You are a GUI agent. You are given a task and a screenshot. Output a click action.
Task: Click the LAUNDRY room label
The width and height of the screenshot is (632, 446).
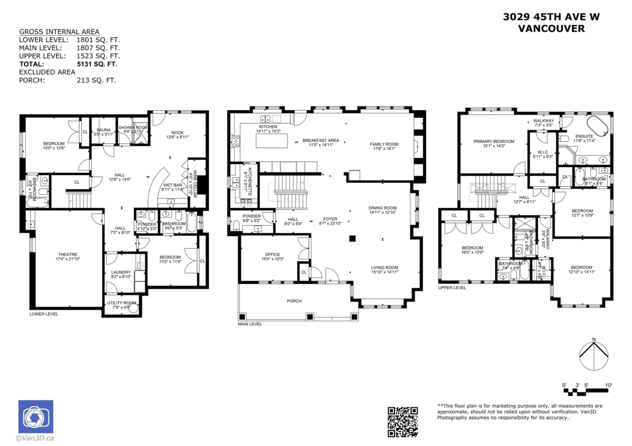(x=121, y=272)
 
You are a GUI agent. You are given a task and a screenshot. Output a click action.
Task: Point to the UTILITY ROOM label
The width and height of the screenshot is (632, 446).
(x=122, y=303)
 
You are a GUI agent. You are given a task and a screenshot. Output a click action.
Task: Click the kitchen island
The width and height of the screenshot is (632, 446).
(x=272, y=141)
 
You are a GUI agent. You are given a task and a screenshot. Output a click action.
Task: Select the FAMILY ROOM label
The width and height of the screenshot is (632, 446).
(x=384, y=144)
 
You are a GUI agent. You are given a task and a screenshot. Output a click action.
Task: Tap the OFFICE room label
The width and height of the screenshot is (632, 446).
(x=272, y=255)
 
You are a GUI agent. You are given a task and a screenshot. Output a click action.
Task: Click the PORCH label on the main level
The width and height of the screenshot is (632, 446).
(x=294, y=301)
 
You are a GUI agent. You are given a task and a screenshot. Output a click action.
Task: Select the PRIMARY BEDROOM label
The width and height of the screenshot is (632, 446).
(x=493, y=141)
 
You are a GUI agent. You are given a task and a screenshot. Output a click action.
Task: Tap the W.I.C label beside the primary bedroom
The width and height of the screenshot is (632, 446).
(x=542, y=153)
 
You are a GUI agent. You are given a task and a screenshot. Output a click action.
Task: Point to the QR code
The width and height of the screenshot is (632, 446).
(x=403, y=422)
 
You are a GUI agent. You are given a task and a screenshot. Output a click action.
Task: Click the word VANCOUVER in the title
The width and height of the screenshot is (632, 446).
(x=551, y=29)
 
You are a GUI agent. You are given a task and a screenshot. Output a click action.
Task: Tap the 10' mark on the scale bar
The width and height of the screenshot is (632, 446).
(x=608, y=386)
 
